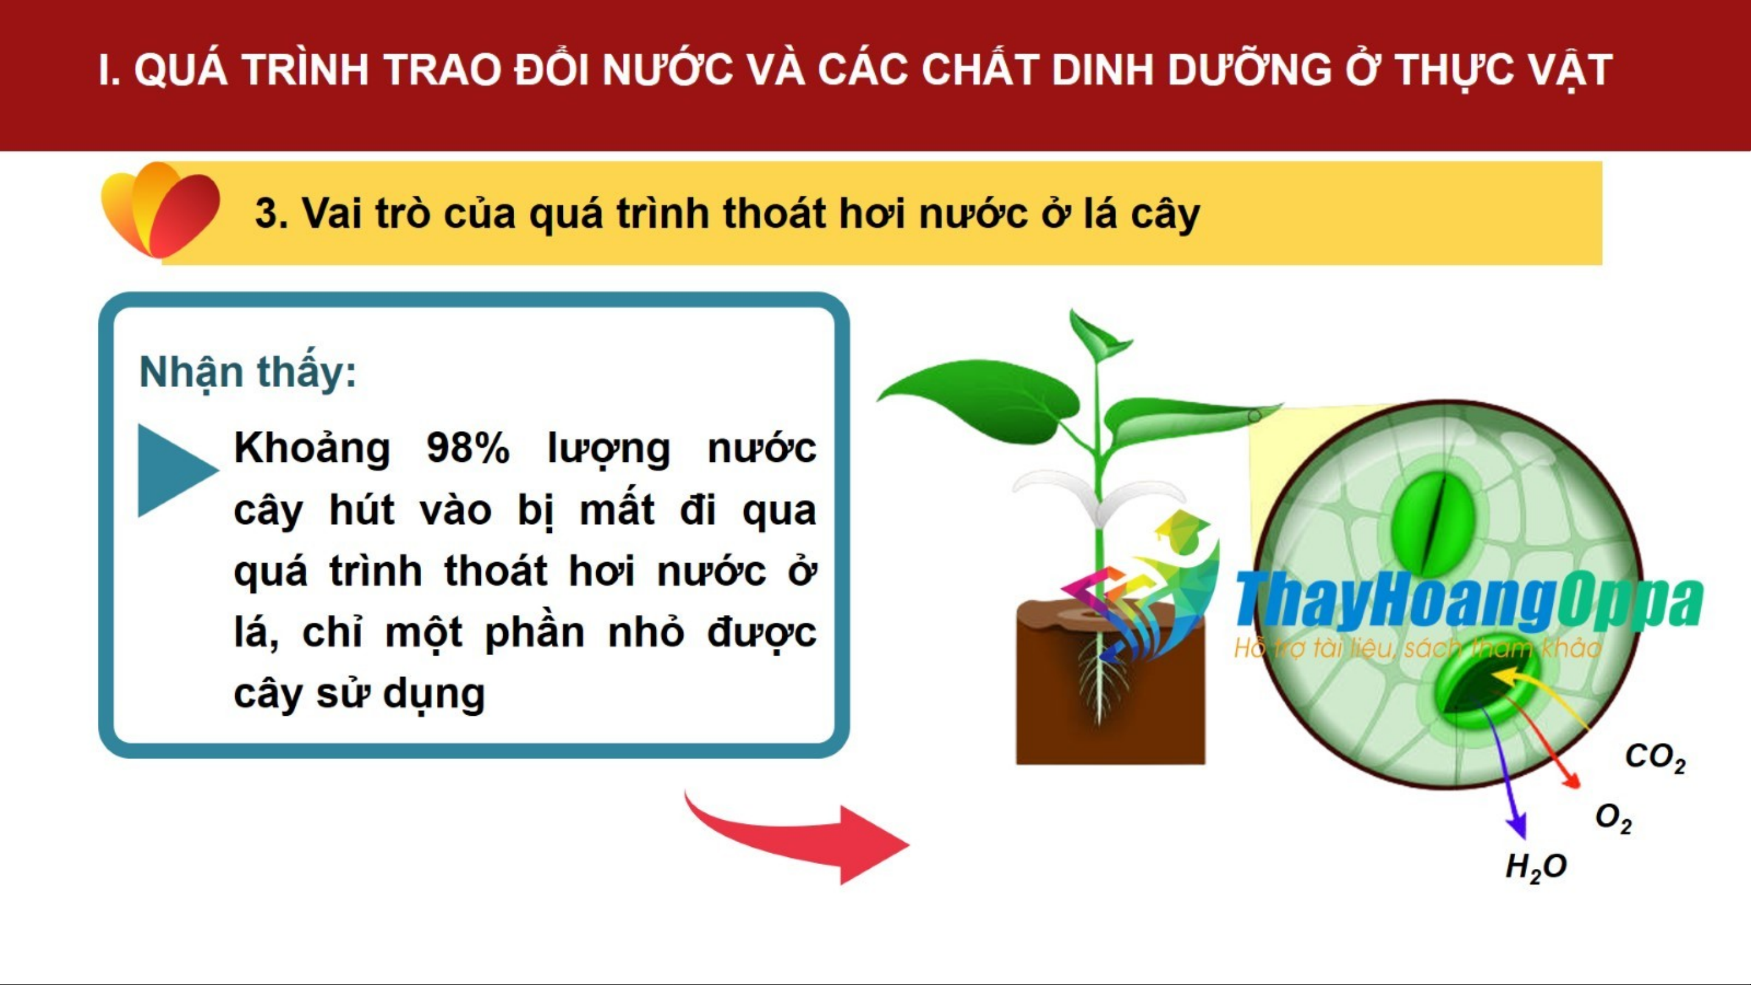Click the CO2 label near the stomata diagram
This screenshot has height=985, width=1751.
1655,757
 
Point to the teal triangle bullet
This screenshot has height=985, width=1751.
174,470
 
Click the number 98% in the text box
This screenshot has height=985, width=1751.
467,448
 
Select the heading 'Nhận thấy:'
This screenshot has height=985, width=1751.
247,372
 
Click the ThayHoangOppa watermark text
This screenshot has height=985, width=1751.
1468,601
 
